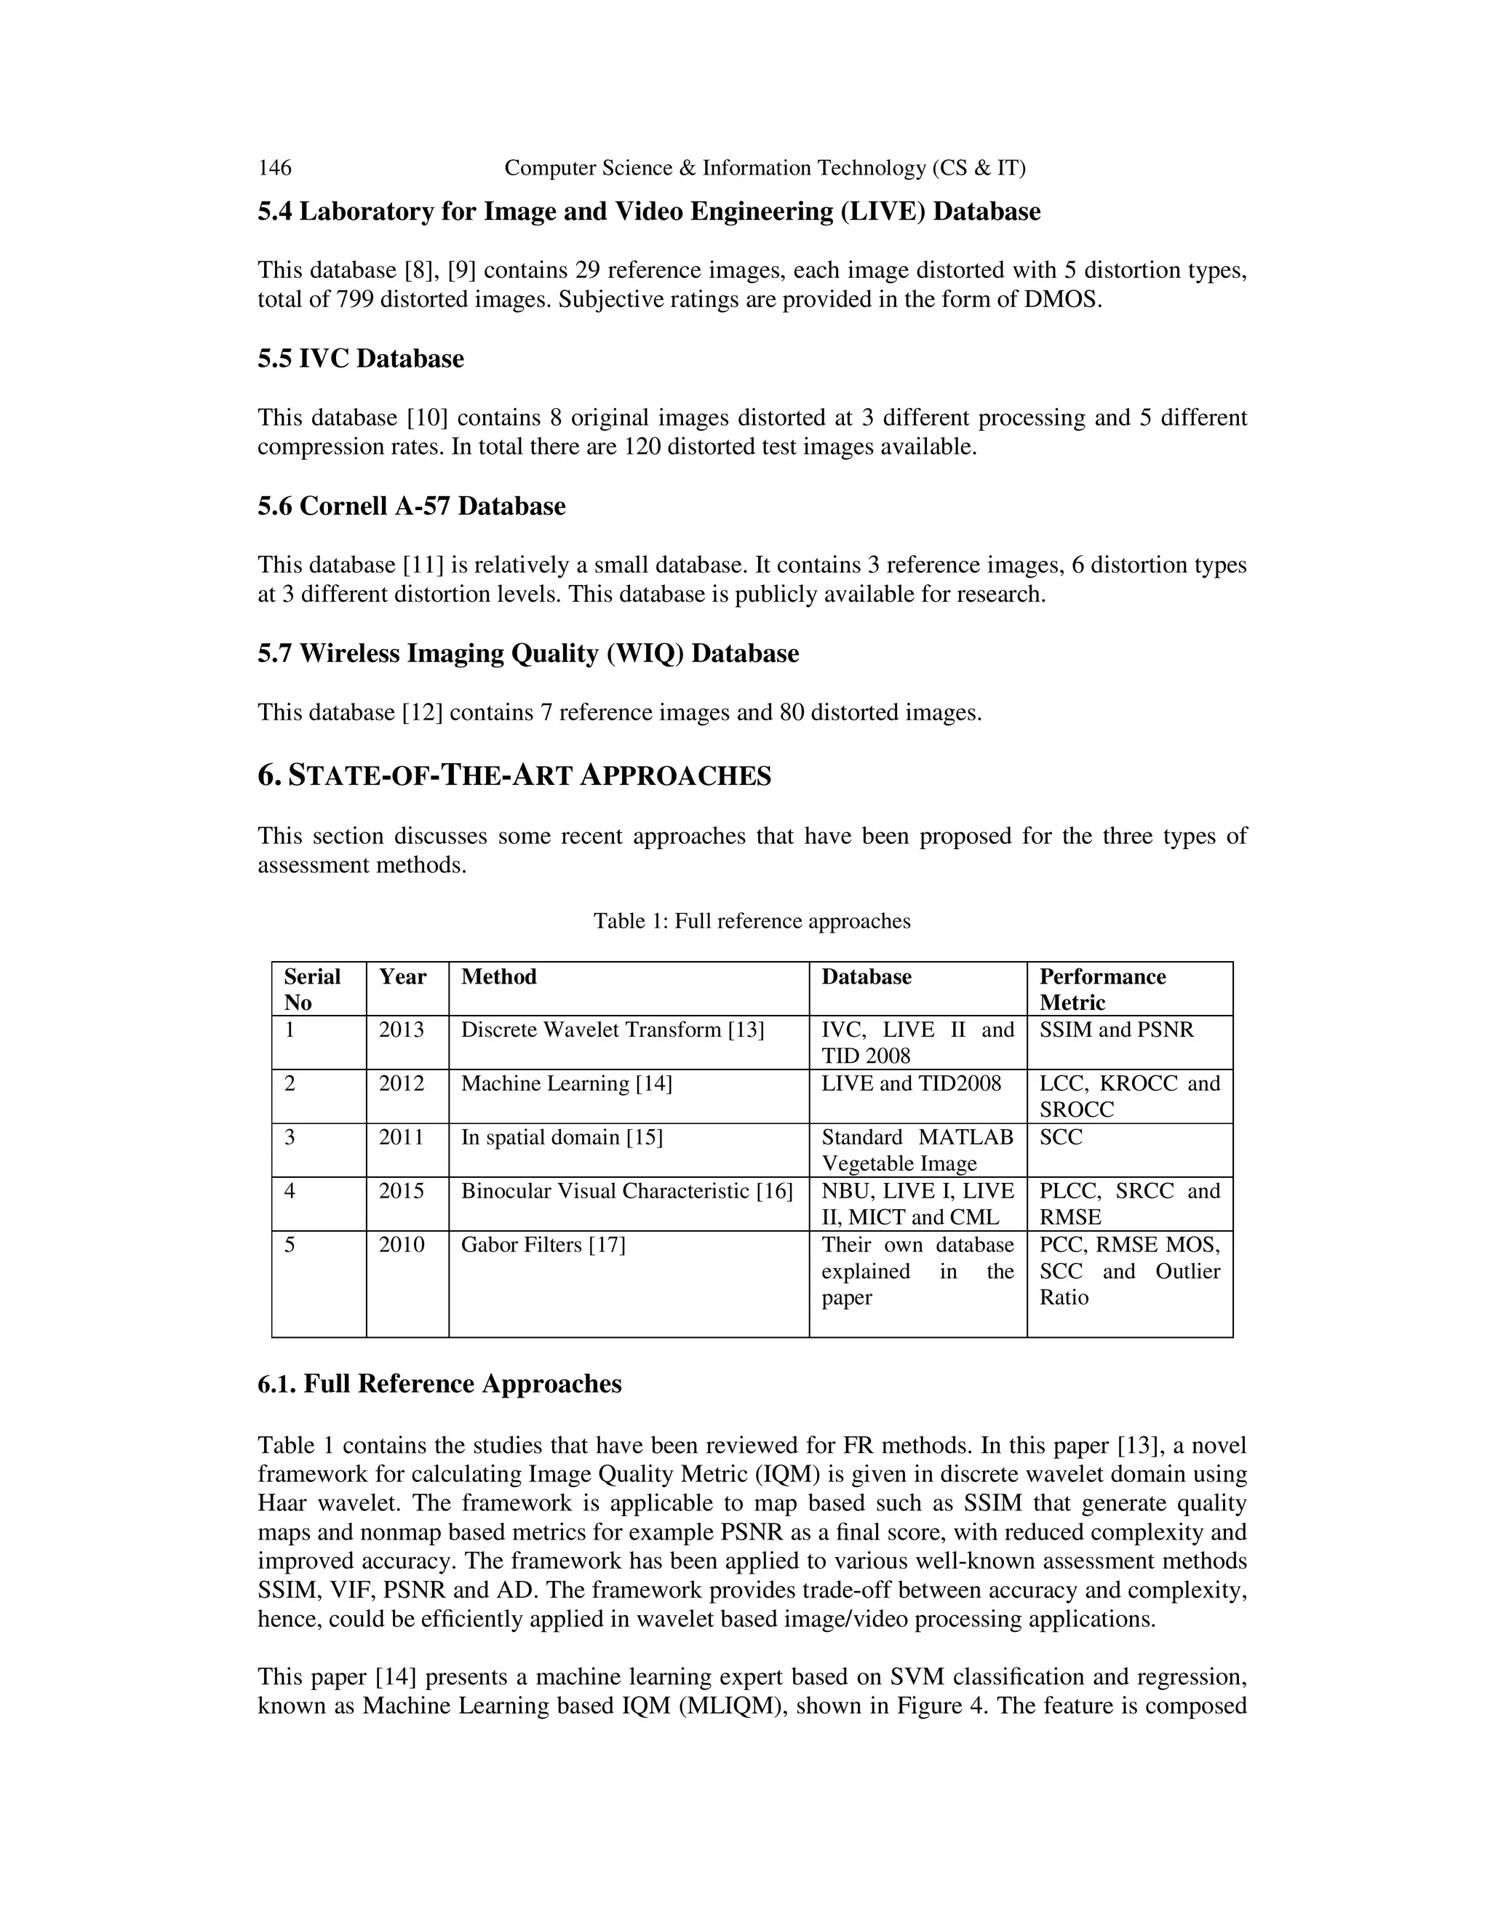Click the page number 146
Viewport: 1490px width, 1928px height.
click(274, 168)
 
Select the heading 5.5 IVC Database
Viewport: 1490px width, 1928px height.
click(360, 359)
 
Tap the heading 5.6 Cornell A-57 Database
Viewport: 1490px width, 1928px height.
click(411, 506)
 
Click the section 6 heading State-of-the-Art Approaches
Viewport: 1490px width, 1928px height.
click(514, 776)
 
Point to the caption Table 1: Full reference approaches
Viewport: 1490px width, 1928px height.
click(751, 922)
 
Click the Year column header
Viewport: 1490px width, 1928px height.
click(402, 976)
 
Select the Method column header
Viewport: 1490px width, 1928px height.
click(498, 976)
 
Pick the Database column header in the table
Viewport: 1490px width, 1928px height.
click(866, 976)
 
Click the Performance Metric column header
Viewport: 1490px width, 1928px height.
click(1102, 989)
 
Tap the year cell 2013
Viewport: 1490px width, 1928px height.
click(402, 1030)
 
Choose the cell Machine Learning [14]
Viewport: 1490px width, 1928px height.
click(566, 1083)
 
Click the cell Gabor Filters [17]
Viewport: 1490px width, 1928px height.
click(543, 1245)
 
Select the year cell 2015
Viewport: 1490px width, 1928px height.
click(402, 1191)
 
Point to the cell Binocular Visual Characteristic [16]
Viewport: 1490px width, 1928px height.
click(626, 1191)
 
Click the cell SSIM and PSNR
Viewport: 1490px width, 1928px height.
click(1116, 1030)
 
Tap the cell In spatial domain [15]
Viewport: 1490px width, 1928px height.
click(562, 1137)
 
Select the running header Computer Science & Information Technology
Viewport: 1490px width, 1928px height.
click(765, 168)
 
